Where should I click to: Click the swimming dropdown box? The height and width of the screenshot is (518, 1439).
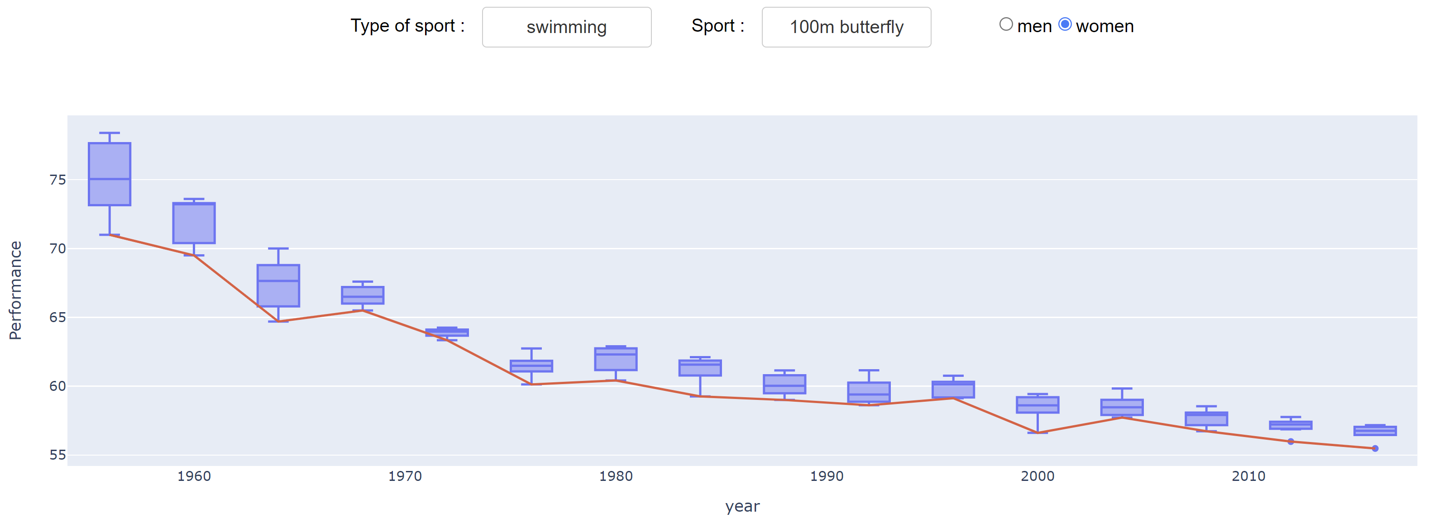(x=566, y=27)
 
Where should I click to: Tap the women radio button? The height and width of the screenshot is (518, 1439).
(x=1065, y=24)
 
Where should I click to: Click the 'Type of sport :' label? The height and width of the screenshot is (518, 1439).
(x=407, y=26)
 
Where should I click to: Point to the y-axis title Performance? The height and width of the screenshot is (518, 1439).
(x=15, y=290)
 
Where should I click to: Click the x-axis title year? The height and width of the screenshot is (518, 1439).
(x=742, y=506)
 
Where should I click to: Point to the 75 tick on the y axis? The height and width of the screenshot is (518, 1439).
(x=57, y=180)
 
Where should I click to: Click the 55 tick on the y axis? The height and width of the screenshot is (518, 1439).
(x=57, y=455)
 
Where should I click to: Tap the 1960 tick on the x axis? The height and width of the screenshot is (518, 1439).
(x=194, y=476)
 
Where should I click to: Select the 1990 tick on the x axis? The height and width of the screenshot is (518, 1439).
(x=827, y=476)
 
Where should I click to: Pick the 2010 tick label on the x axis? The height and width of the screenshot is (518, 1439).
(x=1248, y=476)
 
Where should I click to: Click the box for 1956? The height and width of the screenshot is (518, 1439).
(x=110, y=174)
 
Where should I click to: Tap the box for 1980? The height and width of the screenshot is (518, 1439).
(x=616, y=359)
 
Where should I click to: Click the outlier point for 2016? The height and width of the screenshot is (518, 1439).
(x=1375, y=448)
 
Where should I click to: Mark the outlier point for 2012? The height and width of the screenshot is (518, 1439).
(x=1291, y=442)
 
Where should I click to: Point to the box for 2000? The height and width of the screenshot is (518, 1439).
(x=1037, y=405)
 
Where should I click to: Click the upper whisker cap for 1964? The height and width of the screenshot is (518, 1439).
(x=278, y=248)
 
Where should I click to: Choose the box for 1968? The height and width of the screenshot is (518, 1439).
(x=363, y=295)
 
